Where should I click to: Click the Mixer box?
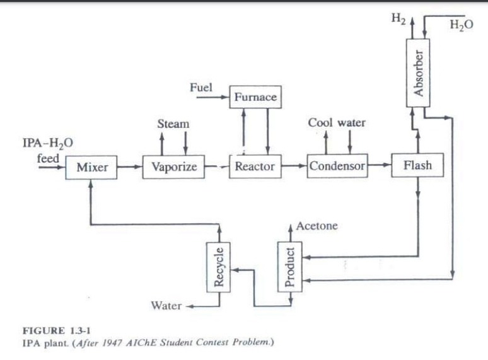click(x=91, y=168)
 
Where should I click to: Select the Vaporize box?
click(x=170, y=167)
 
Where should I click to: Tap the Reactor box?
click(x=254, y=166)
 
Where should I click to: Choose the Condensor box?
click(x=337, y=166)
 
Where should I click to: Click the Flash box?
click(x=417, y=166)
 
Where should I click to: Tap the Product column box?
click(x=289, y=266)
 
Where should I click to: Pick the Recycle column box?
click(x=219, y=266)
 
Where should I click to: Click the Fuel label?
click(x=200, y=87)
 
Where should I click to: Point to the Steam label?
click(x=173, y=124)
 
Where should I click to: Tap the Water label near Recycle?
click(x=166, y=306)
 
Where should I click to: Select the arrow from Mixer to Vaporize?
click(x=130, y=168)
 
